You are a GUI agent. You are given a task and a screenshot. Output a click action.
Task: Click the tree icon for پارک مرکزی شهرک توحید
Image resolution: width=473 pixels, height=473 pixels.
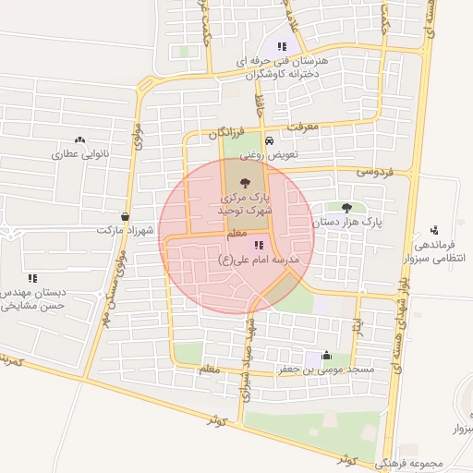(245, 182)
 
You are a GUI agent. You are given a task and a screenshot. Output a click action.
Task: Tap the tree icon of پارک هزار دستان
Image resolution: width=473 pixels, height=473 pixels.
(346, 208)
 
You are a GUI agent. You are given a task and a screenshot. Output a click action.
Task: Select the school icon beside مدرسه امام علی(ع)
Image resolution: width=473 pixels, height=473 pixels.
(259, 245)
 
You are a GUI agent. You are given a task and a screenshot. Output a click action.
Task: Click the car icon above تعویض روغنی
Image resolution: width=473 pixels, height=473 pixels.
(269, 141)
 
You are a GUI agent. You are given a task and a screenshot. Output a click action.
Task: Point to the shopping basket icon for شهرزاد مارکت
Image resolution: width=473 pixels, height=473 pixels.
(125, 216)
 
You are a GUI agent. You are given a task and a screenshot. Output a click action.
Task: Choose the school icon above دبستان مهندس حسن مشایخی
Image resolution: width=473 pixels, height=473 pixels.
(32, 277)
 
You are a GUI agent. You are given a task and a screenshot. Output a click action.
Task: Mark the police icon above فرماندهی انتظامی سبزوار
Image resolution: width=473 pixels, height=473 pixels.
(434, 230)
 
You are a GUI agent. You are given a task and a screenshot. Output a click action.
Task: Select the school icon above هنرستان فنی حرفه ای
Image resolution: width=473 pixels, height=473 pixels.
(282, 45)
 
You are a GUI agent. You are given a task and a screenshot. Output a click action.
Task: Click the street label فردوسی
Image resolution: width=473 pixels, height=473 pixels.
(375, 172)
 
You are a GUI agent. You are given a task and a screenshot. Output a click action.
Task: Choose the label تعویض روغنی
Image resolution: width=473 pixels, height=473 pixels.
(269, 155)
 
